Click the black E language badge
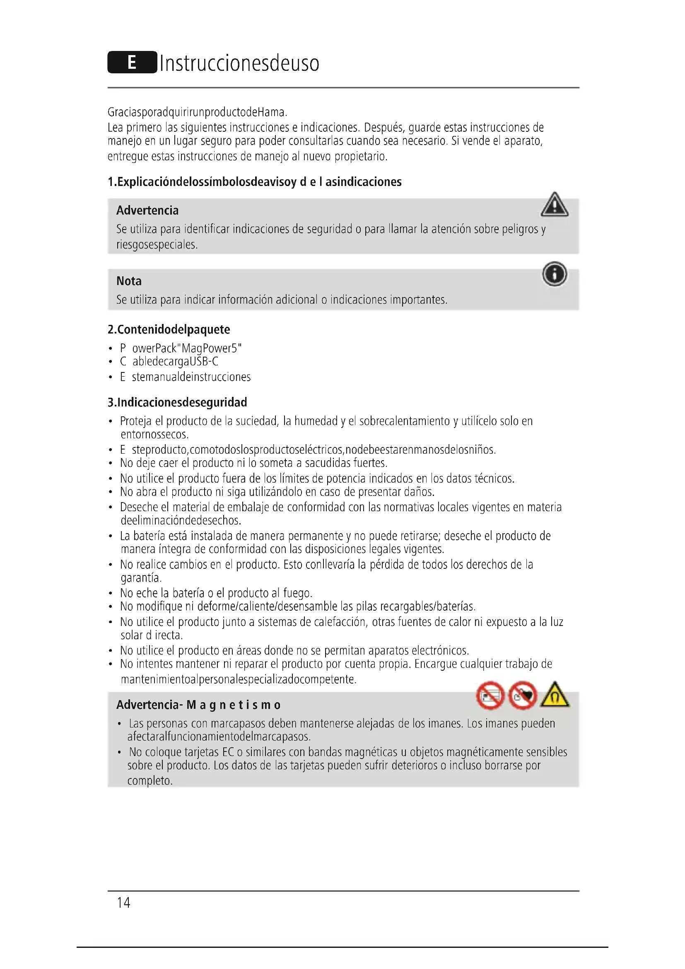(x=132, y=63)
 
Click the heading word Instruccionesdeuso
(x=239, y=63)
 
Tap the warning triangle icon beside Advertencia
(x=554, y=205)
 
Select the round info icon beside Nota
(x=554, y=274)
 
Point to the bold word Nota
(x=129, y=281)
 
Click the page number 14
(x=123, y=902)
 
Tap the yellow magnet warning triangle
(x=555, y=695)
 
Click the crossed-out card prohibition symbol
(x=490, y=695)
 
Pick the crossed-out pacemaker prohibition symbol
(x=523, y=695)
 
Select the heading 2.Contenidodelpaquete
(x=169, y=330)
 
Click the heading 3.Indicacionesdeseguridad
(x=177, y=402)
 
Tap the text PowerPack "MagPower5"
(x=181, y=348)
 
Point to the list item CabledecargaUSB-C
(x=169, y=362)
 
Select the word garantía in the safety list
(x=141, y=578)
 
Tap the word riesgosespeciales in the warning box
(x=157, y=245)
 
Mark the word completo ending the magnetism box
(x=150, y=781)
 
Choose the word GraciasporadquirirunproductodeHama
(x=197, y=112)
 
